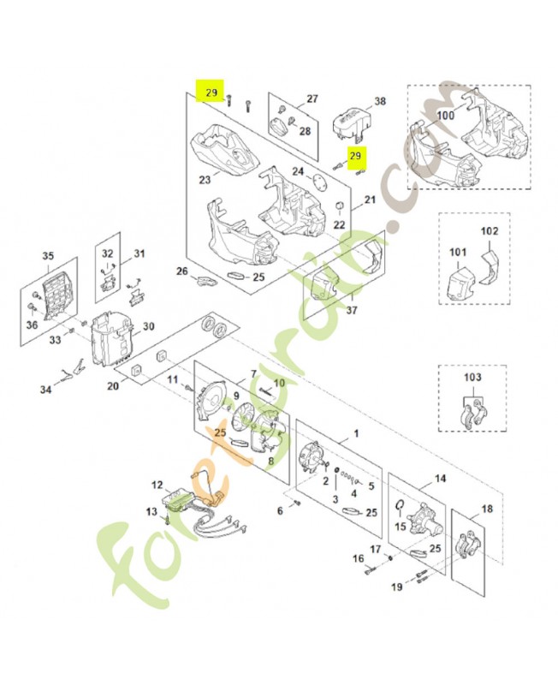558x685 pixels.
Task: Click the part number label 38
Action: click(x=380, y=101)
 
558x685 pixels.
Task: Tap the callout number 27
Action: click(x=312, y=98)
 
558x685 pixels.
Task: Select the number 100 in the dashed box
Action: click(x=445, y=114)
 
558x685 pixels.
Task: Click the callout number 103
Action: click(x=472, y=377)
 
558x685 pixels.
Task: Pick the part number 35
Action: click(x=47, y=256)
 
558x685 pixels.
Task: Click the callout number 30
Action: click(x=148, y=326)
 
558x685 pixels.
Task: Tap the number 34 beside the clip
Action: click(x=46, y=390)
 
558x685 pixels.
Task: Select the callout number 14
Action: click(x=440, y=479)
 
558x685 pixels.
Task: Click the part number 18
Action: click(x=487, y=509)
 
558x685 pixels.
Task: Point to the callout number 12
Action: click(x=157, y=485)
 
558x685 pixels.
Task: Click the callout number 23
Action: click(x=205, y=180)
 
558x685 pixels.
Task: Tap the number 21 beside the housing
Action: click(x=370, y=200)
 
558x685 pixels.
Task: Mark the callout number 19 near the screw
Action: click(x=396, y=587)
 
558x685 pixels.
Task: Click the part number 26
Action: click(x=181, y=271)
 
